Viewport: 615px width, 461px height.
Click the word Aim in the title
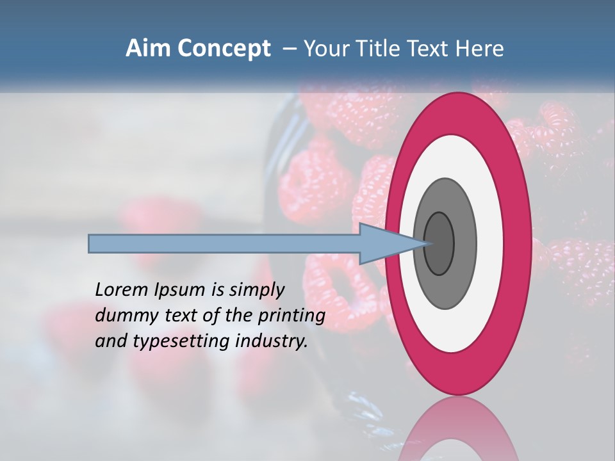tap(148, 48)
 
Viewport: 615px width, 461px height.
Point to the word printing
tap(291, 316)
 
